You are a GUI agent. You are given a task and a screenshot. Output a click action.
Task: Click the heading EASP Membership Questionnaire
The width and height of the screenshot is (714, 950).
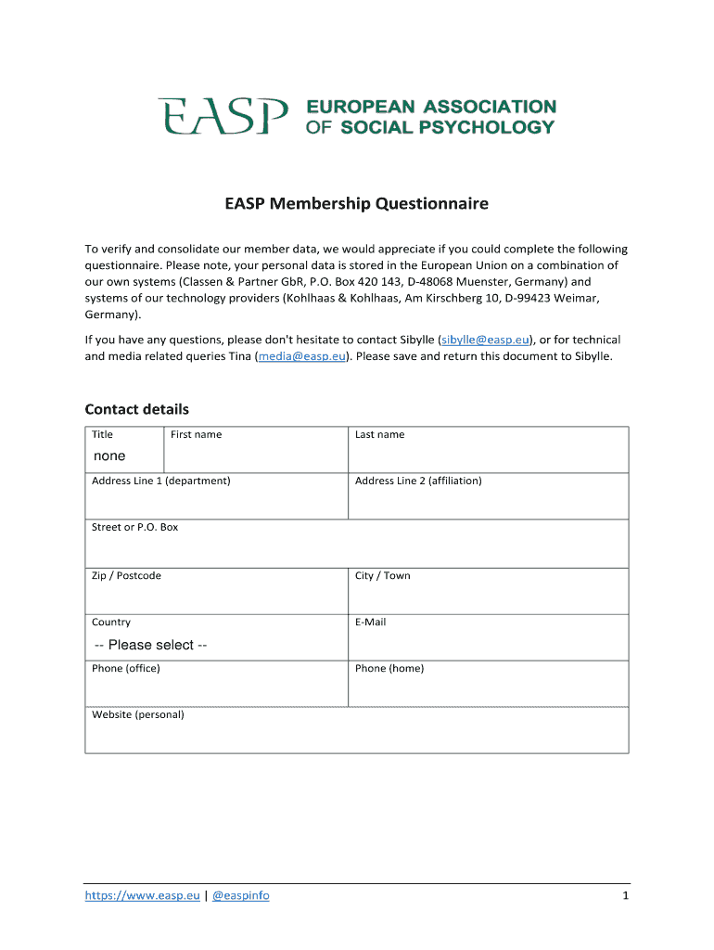[x=356, y=203]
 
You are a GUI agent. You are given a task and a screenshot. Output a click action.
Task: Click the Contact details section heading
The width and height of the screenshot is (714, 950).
[x=136, y=409]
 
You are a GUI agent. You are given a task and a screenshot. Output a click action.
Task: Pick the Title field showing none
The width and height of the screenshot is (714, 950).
[x=110, y=456]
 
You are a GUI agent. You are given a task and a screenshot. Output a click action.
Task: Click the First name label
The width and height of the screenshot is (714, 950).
[x=196, y=434]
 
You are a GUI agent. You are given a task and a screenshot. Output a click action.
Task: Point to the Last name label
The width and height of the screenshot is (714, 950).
[x=379, y=434]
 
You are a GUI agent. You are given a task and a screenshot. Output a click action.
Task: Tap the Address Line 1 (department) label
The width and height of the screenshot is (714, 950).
[x=160, y=481]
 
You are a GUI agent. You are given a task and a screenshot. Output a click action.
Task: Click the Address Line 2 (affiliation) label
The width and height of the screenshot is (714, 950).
[x=418, y=481]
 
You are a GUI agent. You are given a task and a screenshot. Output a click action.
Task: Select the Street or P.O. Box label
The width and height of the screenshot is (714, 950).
[x=134, y=527]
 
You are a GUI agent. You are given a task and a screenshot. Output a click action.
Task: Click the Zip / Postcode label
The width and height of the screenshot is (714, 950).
[x=126, y=575]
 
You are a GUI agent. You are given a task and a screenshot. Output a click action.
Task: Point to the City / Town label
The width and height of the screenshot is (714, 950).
[x=382, y=575]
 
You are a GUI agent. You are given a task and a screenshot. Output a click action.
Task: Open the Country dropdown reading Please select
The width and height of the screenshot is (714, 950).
[x=151, y=645]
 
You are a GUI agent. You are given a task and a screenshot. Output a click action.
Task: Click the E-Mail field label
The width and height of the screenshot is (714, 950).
[x=370, y=622]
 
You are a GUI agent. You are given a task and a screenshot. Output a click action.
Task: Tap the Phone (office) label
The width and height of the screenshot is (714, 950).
[x=125, y=668]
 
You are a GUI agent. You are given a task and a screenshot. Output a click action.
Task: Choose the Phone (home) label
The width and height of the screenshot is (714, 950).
[x=389, y=668]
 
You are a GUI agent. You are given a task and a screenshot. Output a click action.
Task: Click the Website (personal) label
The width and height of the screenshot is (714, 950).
[x=137, y=714]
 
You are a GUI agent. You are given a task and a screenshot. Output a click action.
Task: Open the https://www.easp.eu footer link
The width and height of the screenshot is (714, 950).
[x=142, y=895]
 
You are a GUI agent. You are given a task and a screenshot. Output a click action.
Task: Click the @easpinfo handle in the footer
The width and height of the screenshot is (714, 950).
[x=240, y=895]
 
